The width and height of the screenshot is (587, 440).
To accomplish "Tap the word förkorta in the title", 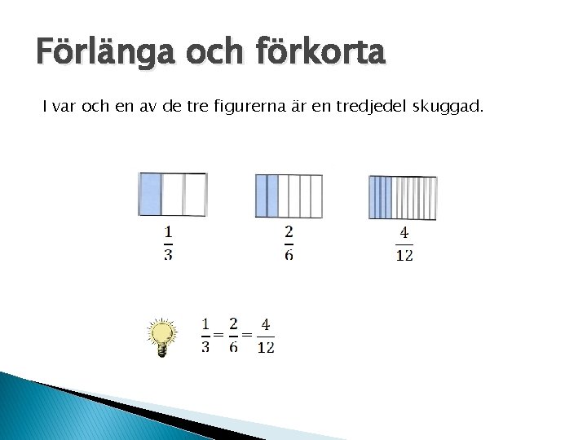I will [320, 54].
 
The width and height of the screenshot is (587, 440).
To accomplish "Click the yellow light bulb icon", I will [162, 337].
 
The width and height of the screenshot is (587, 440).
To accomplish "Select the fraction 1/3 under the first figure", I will [168, 243].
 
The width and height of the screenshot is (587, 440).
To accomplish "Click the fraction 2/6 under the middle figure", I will [289, 243].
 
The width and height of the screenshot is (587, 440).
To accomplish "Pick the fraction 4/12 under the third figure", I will [404, 243].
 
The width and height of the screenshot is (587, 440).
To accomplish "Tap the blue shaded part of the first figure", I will [150, 194].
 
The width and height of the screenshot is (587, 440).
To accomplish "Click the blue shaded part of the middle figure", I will [267, 196].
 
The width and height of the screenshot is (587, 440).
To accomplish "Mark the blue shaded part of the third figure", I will [380, 197].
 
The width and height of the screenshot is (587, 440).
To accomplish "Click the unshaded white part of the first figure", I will [183, 194].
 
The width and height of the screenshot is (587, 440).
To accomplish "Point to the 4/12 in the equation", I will [266, 335].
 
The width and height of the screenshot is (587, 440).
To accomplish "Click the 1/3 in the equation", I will [205, 335].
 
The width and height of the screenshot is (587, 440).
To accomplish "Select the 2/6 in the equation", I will [234, 335].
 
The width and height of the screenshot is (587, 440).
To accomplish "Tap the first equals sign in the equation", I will [218, 335].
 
